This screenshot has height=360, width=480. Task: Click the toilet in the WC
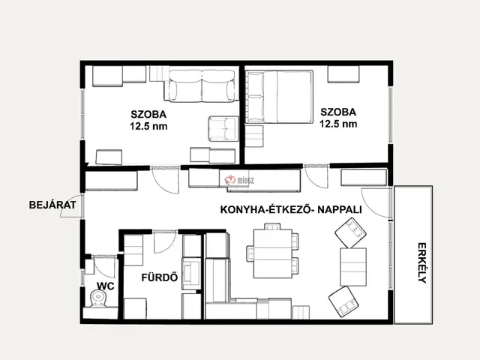click(98, 298)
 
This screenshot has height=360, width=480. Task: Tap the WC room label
click(106, 286)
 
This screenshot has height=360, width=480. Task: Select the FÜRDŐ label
click(160, 277)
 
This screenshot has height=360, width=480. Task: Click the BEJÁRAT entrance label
click(52, 205)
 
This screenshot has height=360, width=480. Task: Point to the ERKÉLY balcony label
click(421, 263)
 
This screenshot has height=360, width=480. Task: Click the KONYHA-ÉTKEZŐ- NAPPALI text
click(291, 210)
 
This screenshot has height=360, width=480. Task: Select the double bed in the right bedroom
click(280, 97)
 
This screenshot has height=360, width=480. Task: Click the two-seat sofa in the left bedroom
click(202, 85)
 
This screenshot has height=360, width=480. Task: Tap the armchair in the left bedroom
click(223, 129)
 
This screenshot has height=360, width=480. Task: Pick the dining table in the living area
click(273, 253)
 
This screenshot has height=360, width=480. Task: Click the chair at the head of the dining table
click(272, 226)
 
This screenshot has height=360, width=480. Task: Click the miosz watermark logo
click(239, 180)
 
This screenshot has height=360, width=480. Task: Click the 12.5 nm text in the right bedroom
click(338, 124)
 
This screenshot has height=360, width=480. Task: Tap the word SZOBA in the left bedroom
click(148, 114)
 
